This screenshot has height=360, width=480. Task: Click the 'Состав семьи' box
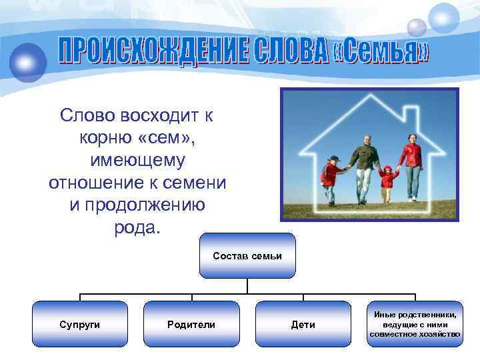tap(247, 255)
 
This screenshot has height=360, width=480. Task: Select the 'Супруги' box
tap(80, 324)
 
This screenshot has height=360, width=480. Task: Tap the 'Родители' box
tap(191, 324)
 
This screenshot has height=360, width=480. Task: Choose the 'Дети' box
tap(303, 324)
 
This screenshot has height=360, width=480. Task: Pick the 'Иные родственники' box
tap(415, 324)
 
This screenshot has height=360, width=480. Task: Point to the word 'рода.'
tap(137, 228)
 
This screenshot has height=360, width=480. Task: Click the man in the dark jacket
tap(364, 163)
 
